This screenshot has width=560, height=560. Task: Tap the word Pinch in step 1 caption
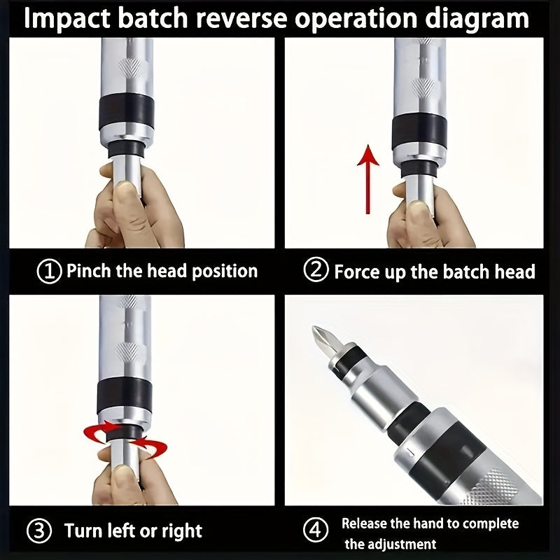[x=88, y=272]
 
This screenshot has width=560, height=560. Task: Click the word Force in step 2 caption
[x=357, y=272]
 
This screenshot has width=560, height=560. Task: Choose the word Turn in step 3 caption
[x=83, y=530]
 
